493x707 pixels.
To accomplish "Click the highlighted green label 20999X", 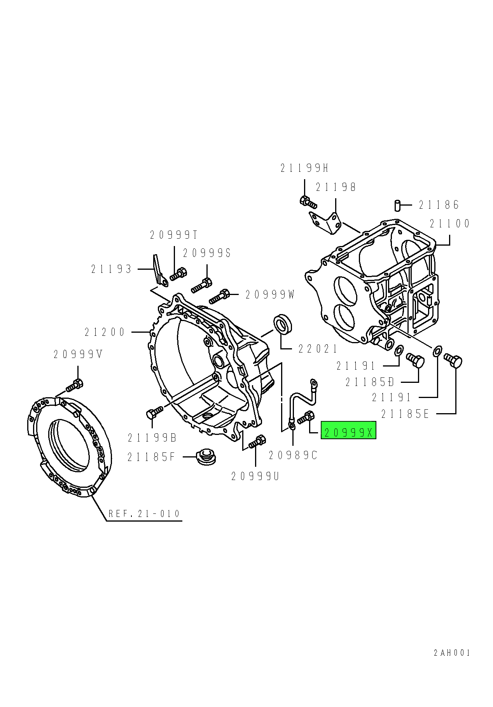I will point(348,430).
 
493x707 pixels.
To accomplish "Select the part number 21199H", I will point(304,168).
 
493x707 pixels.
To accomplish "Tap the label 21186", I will point(439,205).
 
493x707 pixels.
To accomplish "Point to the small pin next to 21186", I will point(397,205).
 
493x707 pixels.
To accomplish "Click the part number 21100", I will point(450,223).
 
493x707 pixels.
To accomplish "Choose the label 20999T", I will point(174,235).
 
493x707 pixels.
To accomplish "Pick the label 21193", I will point(112,269).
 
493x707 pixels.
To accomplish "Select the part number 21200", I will point(105,332).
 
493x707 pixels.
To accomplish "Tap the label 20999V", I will point(78,354).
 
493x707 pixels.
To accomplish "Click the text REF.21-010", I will point(144,513).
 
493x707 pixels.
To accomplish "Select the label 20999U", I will point(255,476).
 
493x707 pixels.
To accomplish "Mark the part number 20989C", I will point(293,455).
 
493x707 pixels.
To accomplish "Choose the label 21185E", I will point(405,414).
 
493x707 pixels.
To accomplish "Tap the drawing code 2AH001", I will point(452,663).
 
